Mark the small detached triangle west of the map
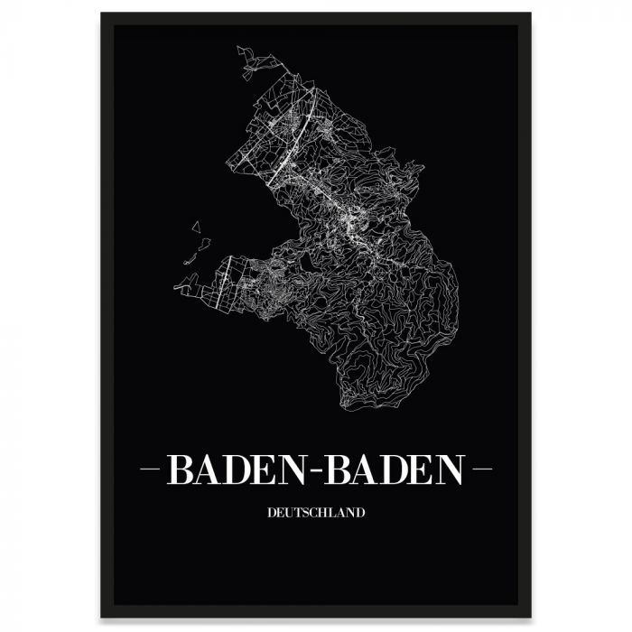point(196,228)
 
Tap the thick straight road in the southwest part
point(224,280)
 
